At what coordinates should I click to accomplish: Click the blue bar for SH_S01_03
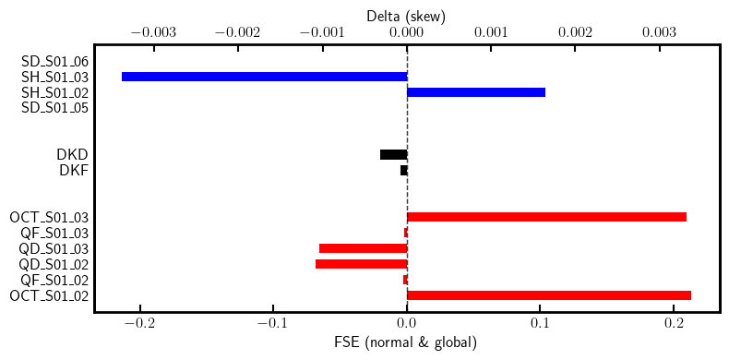pos(264,77)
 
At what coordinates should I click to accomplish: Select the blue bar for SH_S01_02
pos(476,92)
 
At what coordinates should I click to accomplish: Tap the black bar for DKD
pos(393,154)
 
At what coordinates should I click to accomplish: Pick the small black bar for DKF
pos(403,170)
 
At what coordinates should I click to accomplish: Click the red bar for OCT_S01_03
pos(546,217)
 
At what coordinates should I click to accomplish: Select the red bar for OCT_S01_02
pos(549,295)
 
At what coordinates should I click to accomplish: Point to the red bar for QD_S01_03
pos(363,248)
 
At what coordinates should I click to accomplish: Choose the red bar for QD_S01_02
pos(361,264)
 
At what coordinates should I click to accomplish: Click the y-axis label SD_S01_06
pos(55,61)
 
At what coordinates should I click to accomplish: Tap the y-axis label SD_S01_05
pos(55,108)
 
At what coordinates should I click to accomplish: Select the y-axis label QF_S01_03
pos(55,233)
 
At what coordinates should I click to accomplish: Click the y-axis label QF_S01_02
pos(55,280)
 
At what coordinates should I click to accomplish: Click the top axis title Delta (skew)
pos(406,15)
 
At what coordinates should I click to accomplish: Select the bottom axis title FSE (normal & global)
pos(406,343)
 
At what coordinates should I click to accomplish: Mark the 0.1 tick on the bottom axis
pos(540,325)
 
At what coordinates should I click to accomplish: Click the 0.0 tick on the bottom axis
pos(407,325)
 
